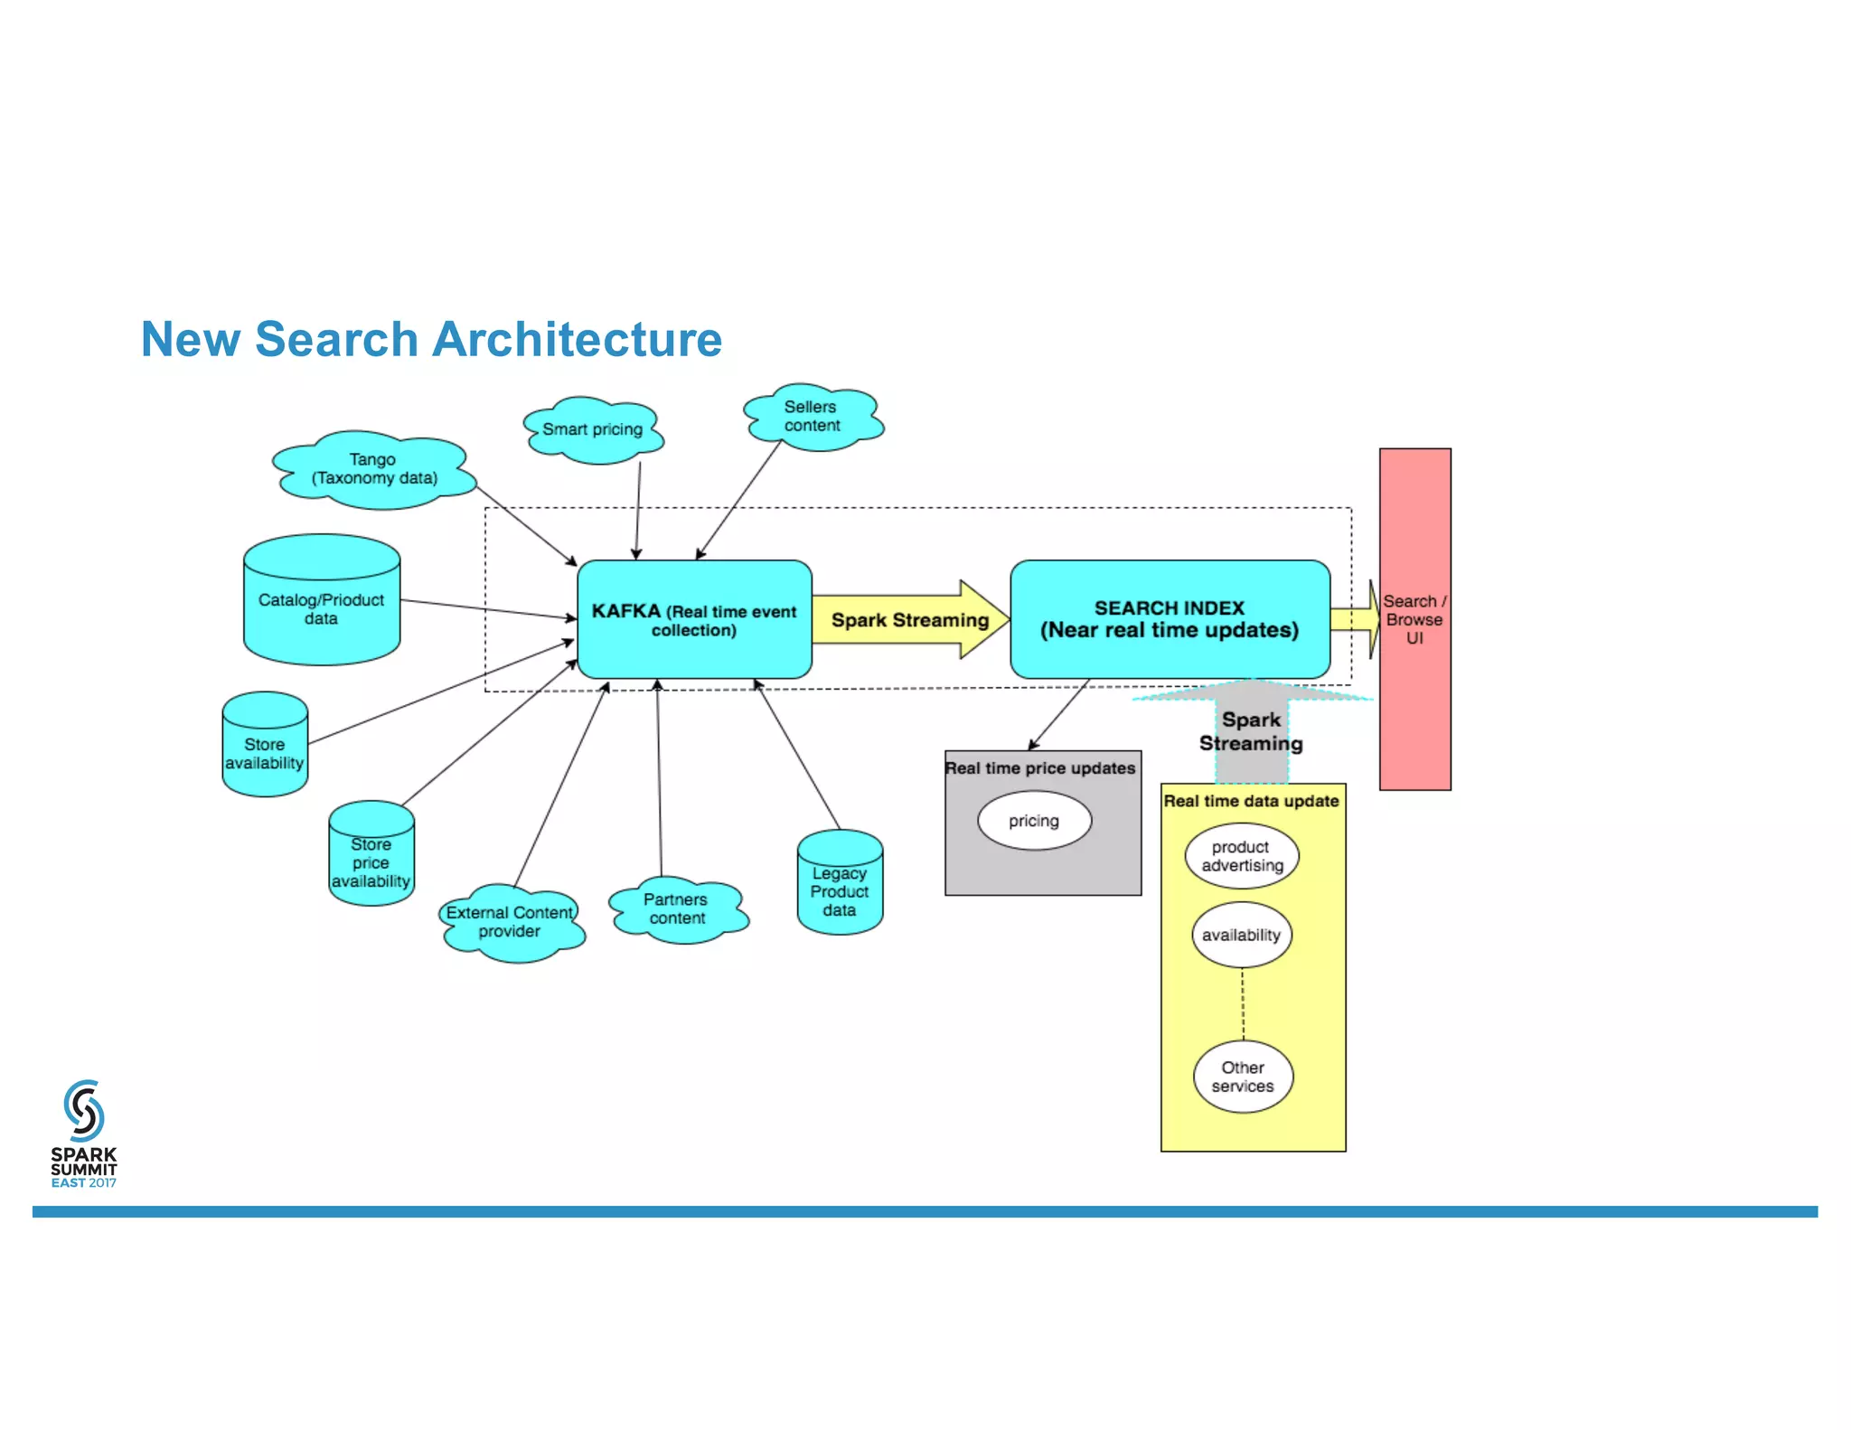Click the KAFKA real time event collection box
(693, 619)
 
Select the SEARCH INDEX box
(1169, 619)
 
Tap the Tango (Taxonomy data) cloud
(374, 469)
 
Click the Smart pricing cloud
(593, 430)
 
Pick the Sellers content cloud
(812, 417)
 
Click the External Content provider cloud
(510, 922)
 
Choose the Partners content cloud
(677, 909)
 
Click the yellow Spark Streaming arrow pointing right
(909, 620)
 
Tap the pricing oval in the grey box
(1034, 821)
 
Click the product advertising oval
(1242, 856)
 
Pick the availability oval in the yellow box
(1241, 935)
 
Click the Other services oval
(1242, 1077)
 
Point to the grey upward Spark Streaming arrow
(1252, 732)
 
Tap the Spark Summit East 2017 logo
(83, 1134)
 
